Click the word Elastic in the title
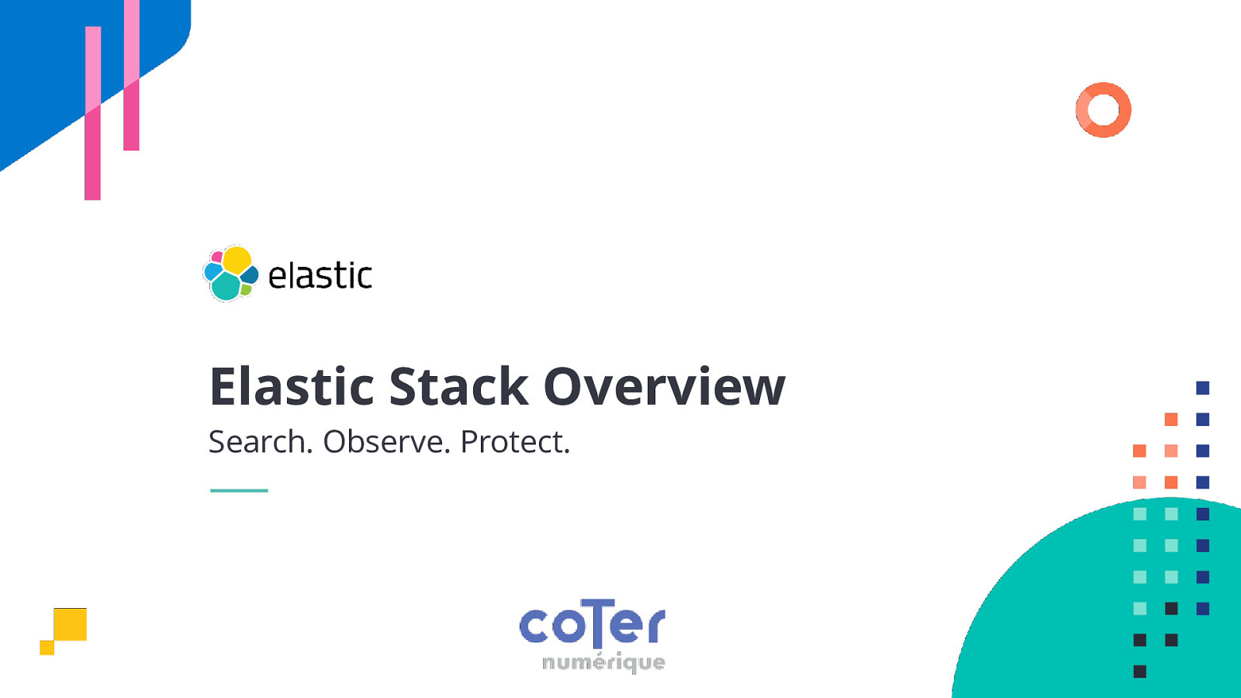292,386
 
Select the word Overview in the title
664,386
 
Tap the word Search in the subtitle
260,442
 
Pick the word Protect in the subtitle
514,442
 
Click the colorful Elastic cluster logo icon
230,273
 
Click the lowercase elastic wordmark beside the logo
320,276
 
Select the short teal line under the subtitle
239,490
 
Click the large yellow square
71,624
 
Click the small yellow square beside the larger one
47,648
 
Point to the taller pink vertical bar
92,112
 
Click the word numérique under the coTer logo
603,662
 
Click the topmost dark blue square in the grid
1202,388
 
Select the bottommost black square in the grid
1139,672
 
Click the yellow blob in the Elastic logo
237,259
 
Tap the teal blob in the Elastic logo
226,287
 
